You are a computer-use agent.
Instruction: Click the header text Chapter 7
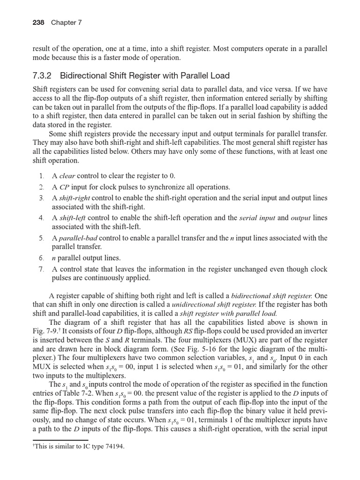click(66, 22)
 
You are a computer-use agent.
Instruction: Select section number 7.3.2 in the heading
click(44, 75)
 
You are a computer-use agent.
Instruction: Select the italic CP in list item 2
click(64, 187)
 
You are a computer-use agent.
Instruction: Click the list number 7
click(41, 269)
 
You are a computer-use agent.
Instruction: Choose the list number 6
click(41, 258)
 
